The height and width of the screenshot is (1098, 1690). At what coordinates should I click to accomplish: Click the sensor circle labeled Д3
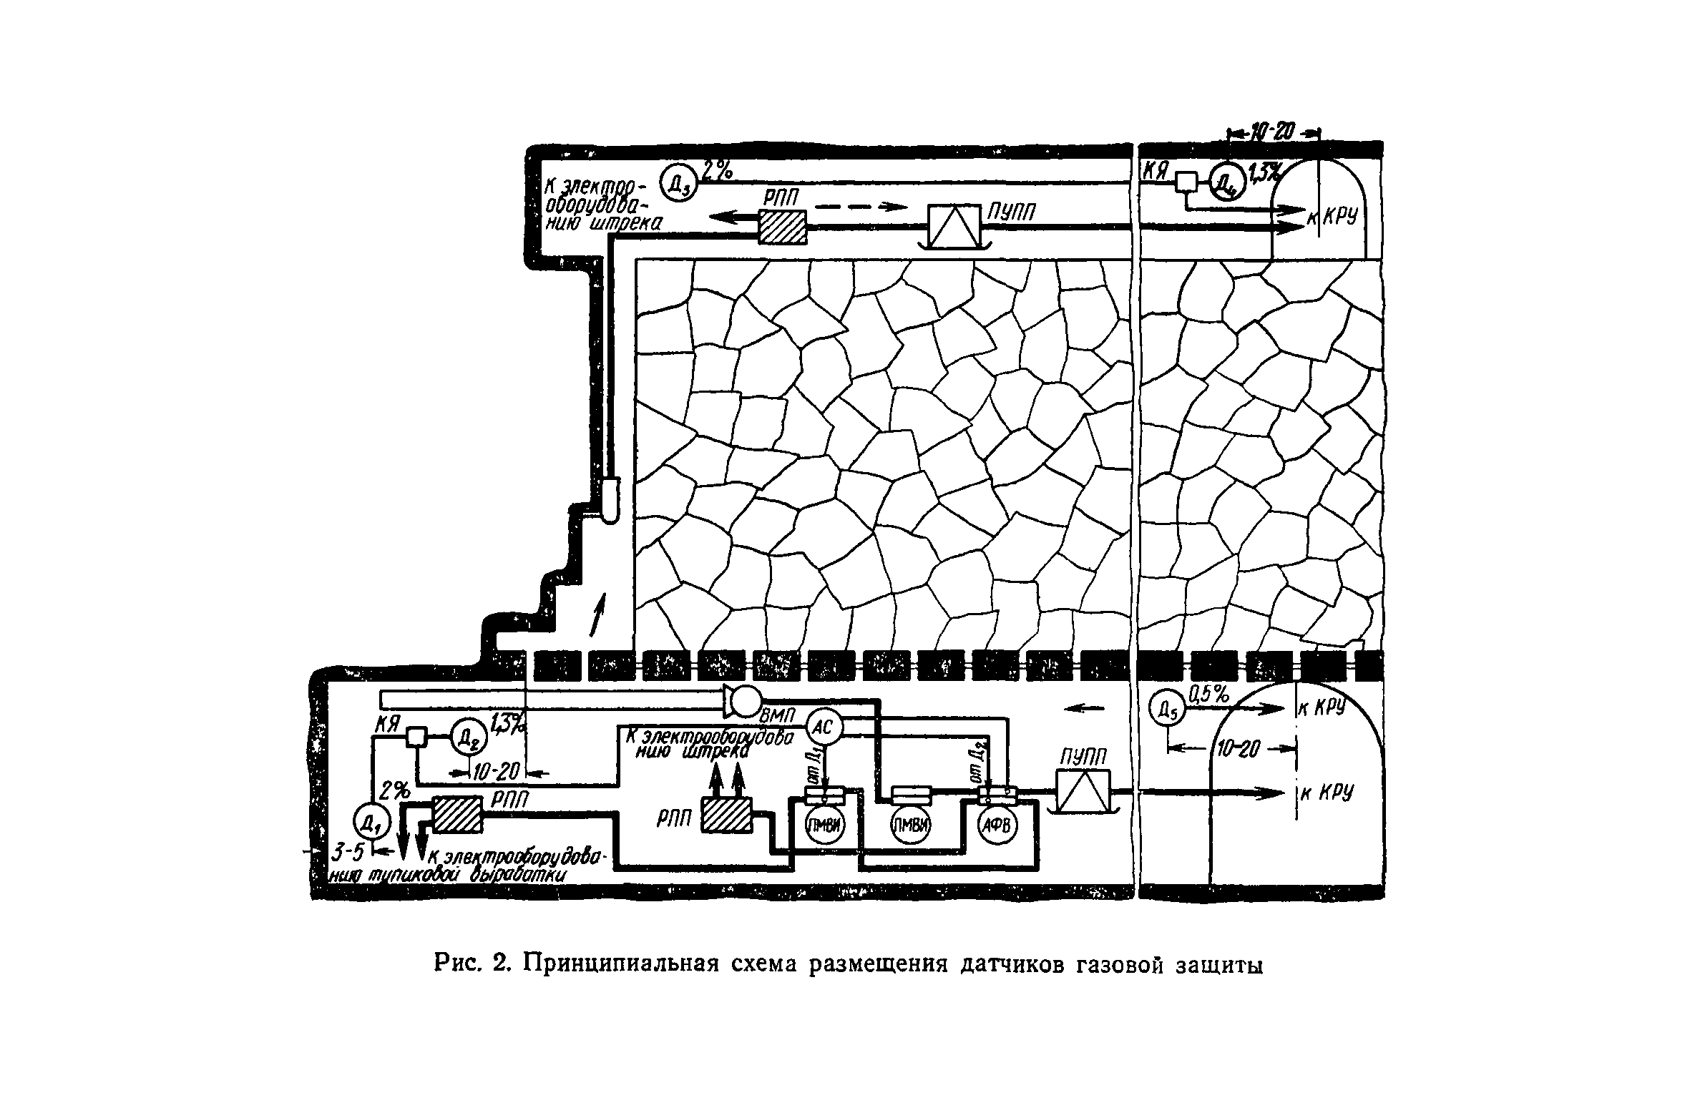point(672,184)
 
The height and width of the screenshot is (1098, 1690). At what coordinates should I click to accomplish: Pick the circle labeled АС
point(825,727)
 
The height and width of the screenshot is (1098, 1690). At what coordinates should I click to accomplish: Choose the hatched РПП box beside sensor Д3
point(781,227)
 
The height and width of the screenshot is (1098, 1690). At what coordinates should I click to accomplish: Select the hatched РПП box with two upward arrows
point(725,815)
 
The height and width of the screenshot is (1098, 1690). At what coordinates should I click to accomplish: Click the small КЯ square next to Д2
point(416,736)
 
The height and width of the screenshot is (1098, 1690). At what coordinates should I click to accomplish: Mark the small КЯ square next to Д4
point(1186,182)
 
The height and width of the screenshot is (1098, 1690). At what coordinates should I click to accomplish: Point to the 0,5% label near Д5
point(1208,693)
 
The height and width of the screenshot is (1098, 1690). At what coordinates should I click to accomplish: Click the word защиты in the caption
point(1215,965)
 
